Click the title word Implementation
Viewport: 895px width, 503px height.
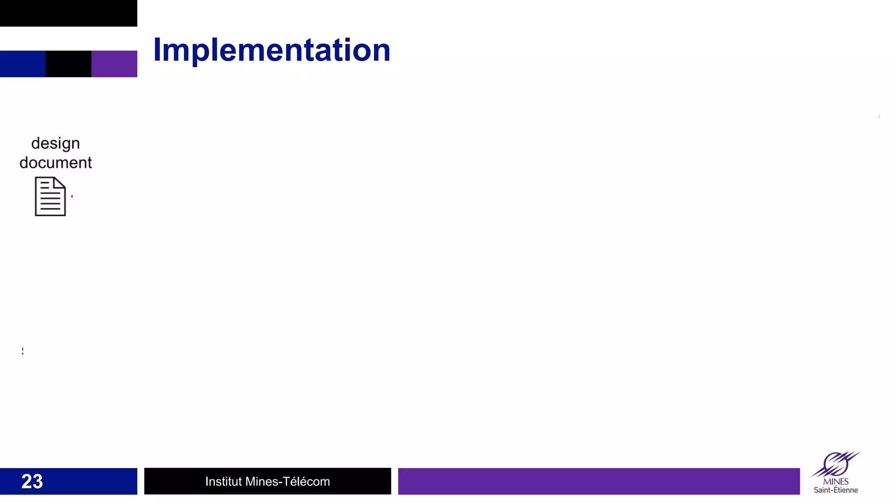coord(271,50)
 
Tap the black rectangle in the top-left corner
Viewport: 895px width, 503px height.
coord(68,13)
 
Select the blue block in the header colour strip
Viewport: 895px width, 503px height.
coord(23,64)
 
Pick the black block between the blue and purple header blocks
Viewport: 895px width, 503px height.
coord(68,64)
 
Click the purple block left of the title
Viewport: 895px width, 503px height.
coord(114,64)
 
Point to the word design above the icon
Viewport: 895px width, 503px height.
coord(56,143)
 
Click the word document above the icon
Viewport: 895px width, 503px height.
coord(56,162)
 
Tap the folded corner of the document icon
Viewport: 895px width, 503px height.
coord(60,182)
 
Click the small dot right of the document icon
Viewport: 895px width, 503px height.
coord(72,196)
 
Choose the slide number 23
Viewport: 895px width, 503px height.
coord(32,481)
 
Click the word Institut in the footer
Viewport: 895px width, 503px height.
coord(223,481)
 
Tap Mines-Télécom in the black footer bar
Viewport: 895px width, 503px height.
coord(288,481)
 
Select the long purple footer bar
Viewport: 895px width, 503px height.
coord(599,481)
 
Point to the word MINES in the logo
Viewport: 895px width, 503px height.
coord(836,482)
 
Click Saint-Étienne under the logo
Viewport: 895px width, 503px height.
coord(836,490)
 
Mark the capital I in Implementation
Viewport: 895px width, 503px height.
coord(158,50)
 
